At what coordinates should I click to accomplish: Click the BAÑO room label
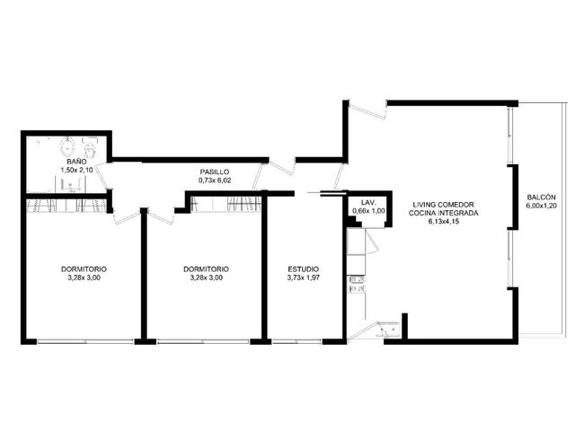[x=76, y=162]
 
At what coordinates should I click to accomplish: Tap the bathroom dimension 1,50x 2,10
[x=76, y=170]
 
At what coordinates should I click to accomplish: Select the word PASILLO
[x=215, y=172]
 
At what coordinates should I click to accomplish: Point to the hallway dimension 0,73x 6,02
[x=215, y=180]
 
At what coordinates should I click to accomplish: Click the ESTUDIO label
[x=304, y=269]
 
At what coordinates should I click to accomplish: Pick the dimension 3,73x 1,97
[x=304, y=277]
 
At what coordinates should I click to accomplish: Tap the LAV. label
[x=368, y=202]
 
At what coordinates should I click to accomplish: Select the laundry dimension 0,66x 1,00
[x=368, y=211]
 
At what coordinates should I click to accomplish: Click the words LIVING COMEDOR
[x=443, y=205]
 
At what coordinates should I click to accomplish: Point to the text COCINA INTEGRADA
[x=443, y=214]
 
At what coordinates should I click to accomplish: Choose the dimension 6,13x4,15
[x=443, y=222]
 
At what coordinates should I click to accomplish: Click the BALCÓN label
[x=541, y=198]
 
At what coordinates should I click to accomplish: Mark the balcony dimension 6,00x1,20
[x=541, y=206]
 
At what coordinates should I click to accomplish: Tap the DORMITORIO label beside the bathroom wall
[x=84, y=269]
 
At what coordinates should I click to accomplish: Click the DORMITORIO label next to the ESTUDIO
[x=206, y=269]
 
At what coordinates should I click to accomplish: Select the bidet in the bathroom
[x=67, y=147]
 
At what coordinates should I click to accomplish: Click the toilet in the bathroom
[x=90, y=146]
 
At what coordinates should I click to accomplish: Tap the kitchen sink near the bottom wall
[x=389, y=329]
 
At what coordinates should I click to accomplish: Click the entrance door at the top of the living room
[x=367, y=110]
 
